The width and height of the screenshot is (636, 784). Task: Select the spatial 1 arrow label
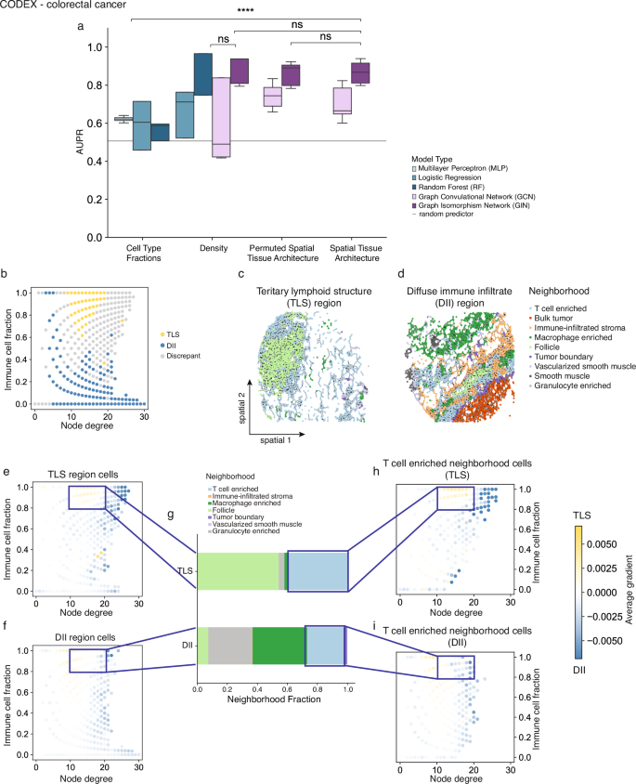tap(275, 437)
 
